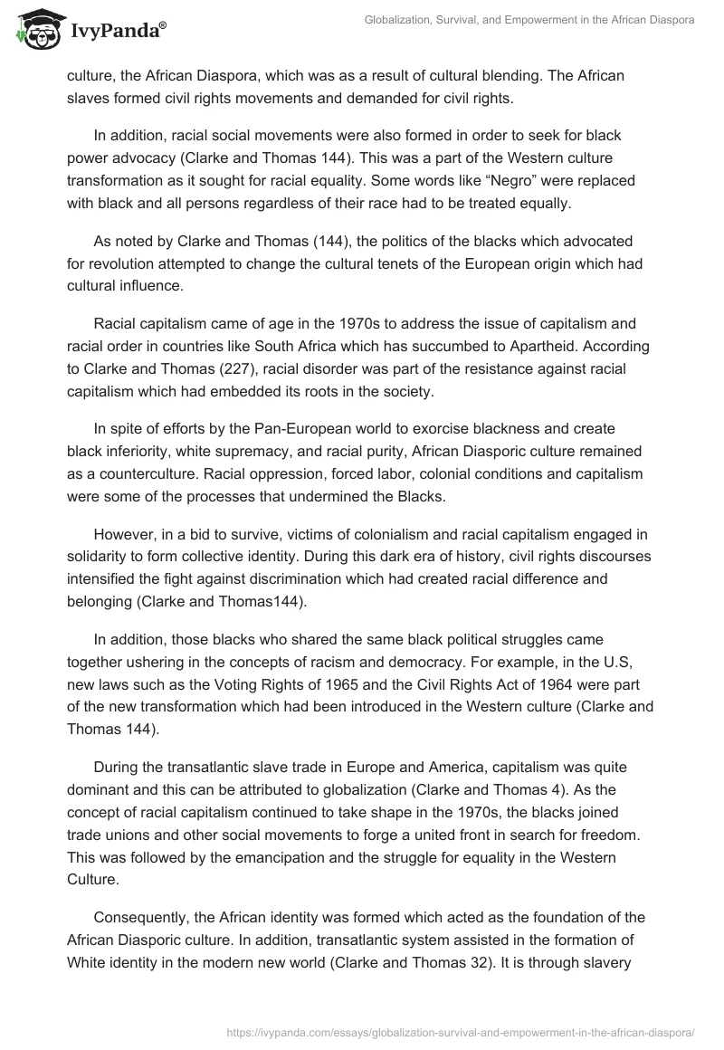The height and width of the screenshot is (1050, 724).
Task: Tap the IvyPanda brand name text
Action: (117, 30)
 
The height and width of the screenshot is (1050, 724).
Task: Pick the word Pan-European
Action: (277, 431)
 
